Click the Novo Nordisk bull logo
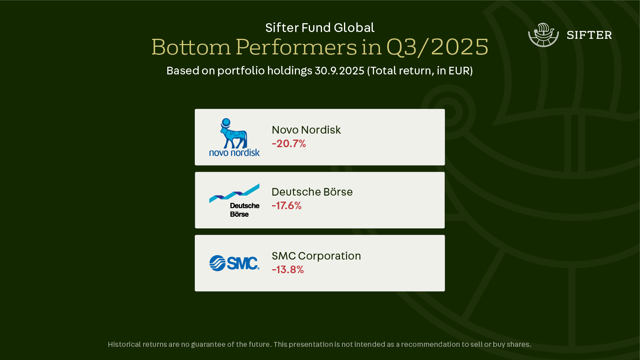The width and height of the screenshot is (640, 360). [x=234, y=137]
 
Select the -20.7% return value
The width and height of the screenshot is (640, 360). [x=289, y=144]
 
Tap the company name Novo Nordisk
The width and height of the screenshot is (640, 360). [x=306, y=130]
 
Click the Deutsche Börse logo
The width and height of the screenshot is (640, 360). [x=234, y=200]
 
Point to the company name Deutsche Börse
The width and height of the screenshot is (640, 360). [x=312, y=192]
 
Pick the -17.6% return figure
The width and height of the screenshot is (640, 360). [x=286, y=206]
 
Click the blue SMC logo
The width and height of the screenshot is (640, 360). [x=234, y=263]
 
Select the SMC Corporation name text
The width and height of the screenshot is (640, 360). [x=316, y=256]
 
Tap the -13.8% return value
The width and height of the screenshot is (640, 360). [x=288, y=270]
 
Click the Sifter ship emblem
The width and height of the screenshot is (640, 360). [x=543, y=35]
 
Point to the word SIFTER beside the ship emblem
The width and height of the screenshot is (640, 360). [x=589, y=35]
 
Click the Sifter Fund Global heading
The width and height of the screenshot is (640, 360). [x=320, y=28]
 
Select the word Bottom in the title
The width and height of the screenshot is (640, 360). [x=191, y=47]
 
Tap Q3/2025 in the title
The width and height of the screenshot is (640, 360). [x=438, y=47]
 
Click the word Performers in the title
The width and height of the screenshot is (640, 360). [x=296, y=47]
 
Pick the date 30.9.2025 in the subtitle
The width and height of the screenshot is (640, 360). [x=340, y=70]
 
